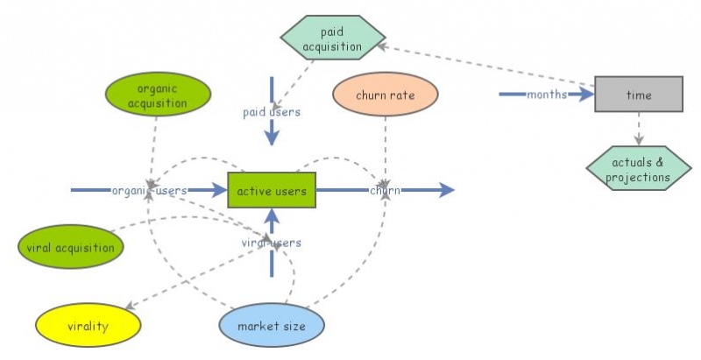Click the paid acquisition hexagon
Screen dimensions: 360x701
pos(332,39)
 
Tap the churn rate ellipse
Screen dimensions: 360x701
pos(386,95)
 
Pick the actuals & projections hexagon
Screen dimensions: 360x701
pos(638,170)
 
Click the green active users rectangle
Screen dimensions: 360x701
pos(271,190)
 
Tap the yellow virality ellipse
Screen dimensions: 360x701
pos(88,327)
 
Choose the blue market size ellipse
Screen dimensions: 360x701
pos(271,327)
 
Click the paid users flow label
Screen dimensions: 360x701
pos(272,112)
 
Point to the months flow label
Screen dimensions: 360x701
pos(547,94)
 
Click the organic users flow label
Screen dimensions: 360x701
pos(149,190)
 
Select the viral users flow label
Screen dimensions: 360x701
pos(272,243)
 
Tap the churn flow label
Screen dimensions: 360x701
pos(386,190)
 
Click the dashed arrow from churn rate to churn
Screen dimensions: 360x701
pos(386,149)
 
